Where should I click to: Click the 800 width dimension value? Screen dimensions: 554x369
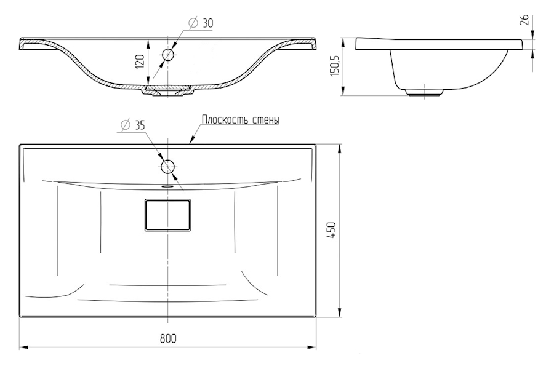(168, 338)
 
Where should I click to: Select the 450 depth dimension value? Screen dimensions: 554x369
(331, 230)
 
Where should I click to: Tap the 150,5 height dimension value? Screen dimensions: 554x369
(334, 65)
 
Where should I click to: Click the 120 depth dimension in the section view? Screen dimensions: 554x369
(140, 61)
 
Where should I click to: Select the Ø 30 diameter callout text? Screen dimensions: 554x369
(202, 23)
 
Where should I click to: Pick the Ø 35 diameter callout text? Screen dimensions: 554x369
(133, 125)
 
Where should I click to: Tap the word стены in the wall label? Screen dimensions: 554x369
(266, 120)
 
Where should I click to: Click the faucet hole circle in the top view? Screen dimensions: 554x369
(168, 167)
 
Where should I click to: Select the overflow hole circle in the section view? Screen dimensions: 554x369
(168, 55)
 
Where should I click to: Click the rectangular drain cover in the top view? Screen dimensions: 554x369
(167, 215)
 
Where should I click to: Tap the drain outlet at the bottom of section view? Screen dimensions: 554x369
(168, 90)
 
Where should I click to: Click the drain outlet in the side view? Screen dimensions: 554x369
(424, 92)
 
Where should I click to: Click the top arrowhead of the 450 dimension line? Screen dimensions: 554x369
(340, 148)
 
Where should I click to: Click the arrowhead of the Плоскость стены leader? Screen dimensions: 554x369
(192, 141)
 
